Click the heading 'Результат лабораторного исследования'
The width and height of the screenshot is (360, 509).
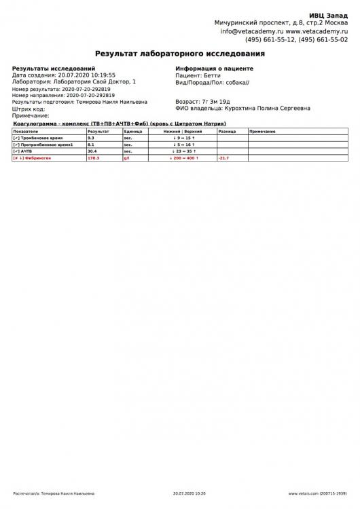pyautogui.click(x=180, y=52)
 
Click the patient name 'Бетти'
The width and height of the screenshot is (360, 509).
pyautogui.click(x=213, y=75)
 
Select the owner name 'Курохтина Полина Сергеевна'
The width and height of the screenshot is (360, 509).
pyautogui.click(x=268, y=107)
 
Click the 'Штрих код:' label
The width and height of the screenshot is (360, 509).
pyautogui.click(x=29, y=109)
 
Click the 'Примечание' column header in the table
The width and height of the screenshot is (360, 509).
pyautogui.click(x=262, y=131)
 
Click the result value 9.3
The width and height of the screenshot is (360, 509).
pyautogui.click(x=92, y=138)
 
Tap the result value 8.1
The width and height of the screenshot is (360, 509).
pyautogui.click(x=92, y=145)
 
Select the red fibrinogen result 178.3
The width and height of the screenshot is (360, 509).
pyautogui.click(x=94, y=158)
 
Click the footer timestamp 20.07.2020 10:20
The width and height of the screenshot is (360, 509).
pyautogui.click(x=190, y=493)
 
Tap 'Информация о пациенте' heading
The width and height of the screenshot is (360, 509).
pyautogui.click(x=214, y=69)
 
